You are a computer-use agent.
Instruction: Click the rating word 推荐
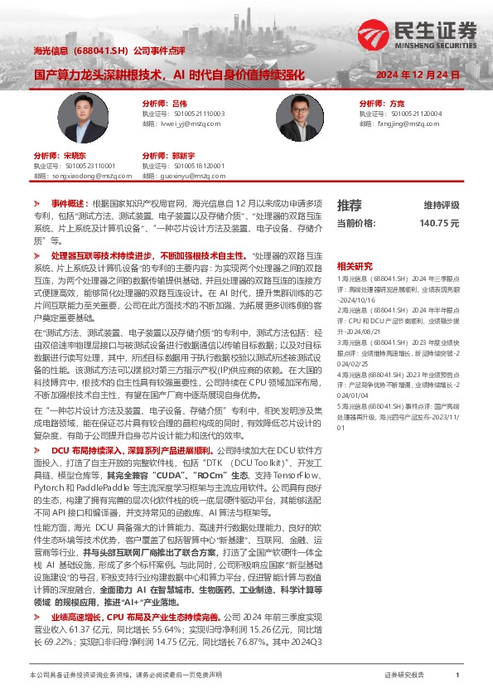(349, 206)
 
